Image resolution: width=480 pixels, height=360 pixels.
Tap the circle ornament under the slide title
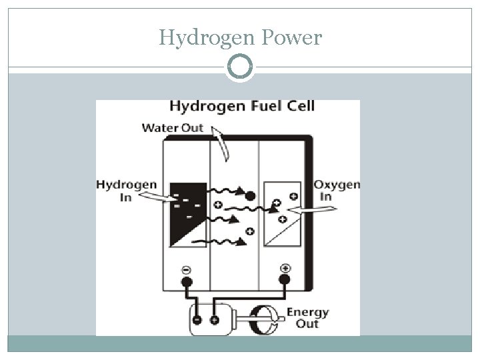[x=240, y=67]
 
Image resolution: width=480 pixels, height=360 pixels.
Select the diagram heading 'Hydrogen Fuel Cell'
[x=242, y=107]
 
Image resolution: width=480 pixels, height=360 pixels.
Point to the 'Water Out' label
[x=173, y=128]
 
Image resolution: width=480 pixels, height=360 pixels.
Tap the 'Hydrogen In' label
[x=127, y=191]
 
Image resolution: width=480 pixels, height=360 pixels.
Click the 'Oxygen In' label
[x=337, y=190]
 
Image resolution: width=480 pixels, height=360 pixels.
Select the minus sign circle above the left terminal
[x=187, y=269]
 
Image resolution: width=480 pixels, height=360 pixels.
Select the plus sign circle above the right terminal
[x=285, y=269]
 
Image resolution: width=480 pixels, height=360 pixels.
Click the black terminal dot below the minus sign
[x=187, y=282]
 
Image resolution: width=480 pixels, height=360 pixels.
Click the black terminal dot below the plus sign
[x=285, y=281]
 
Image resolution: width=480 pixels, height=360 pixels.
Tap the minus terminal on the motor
[x=198, y=320]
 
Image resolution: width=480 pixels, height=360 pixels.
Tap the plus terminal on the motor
[x=214, y=320]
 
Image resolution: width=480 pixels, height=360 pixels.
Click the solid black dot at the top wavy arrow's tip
[x=250, y=196]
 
